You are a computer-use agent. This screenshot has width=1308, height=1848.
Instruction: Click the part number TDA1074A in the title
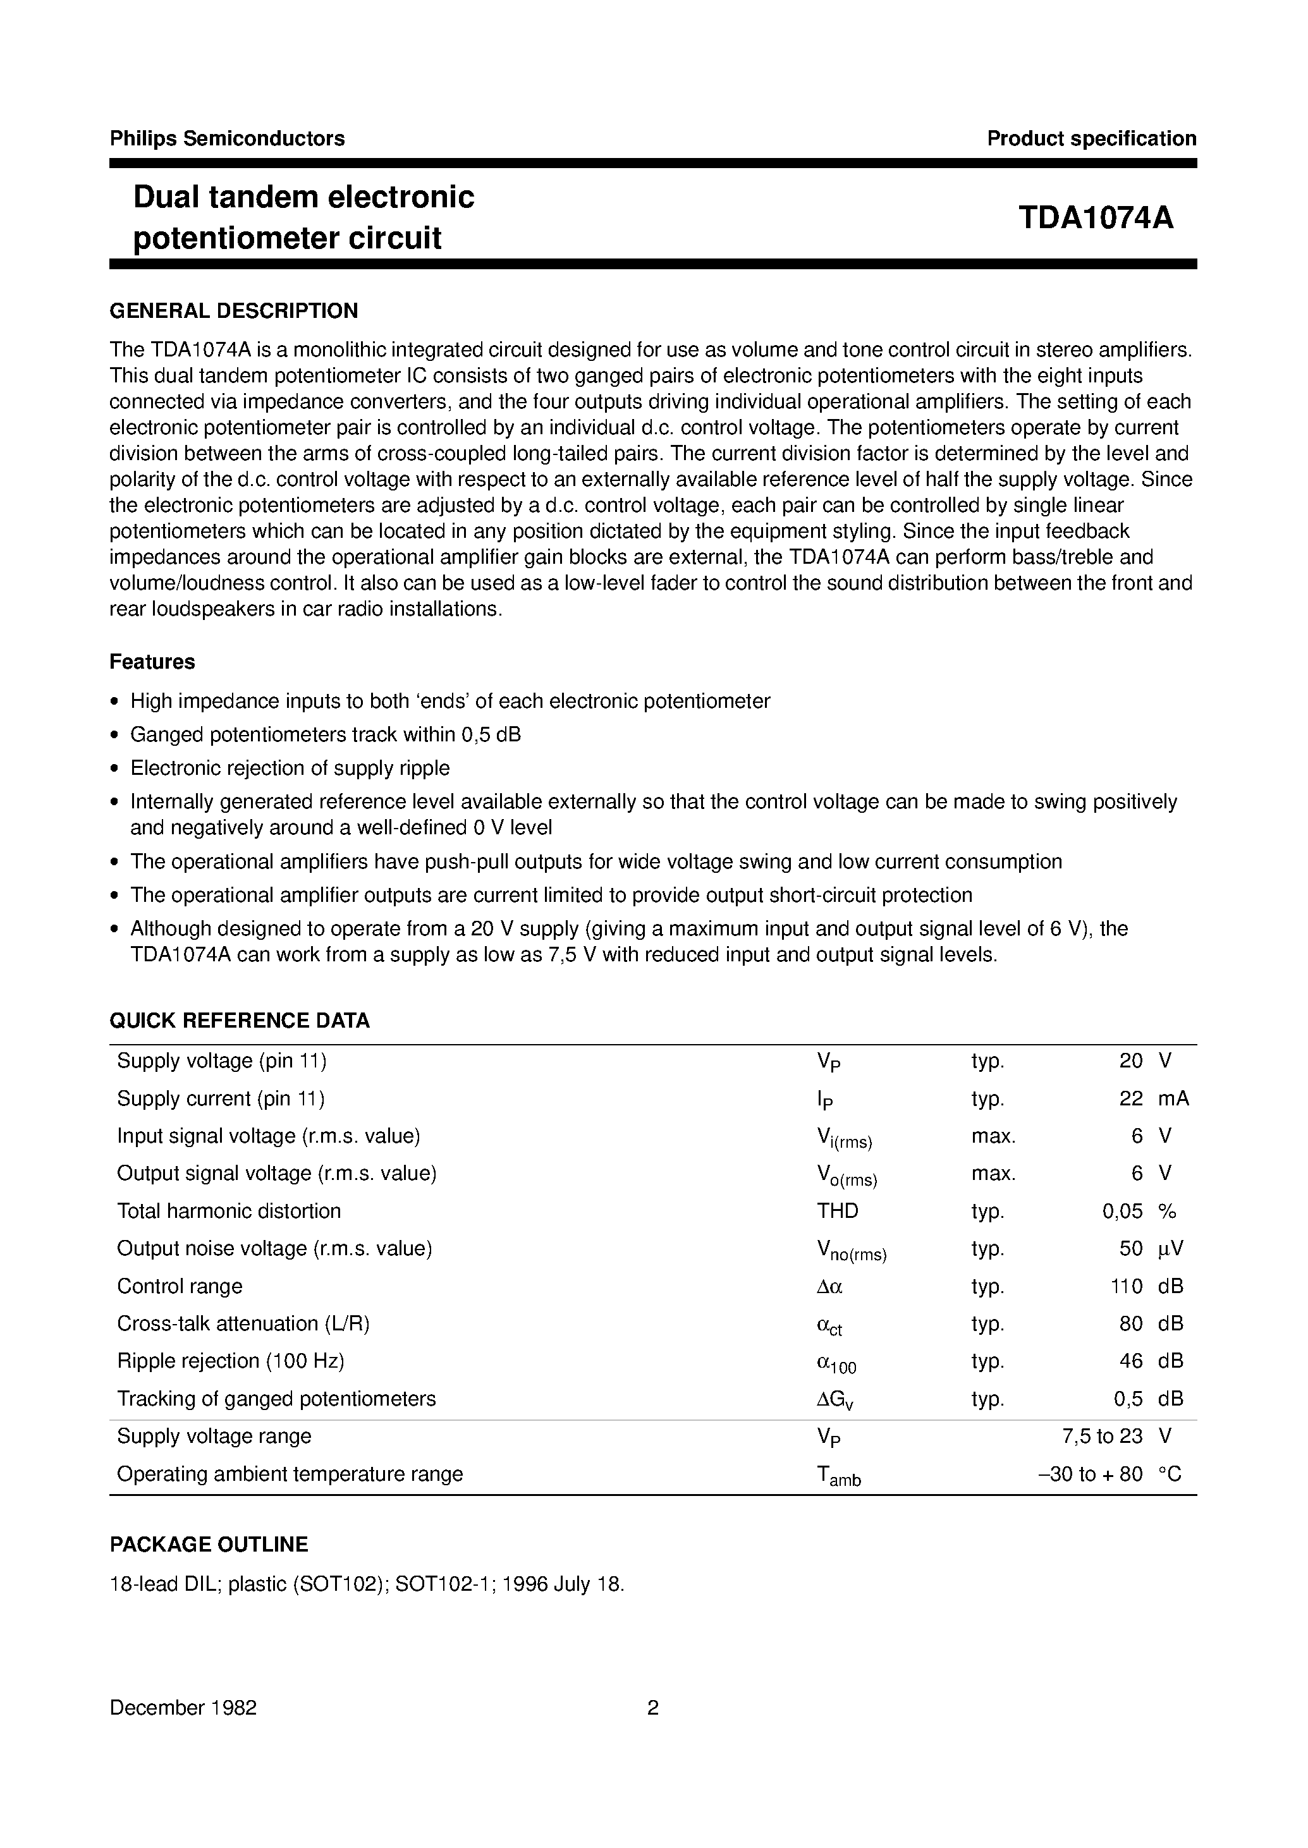click(x=1096, y=218)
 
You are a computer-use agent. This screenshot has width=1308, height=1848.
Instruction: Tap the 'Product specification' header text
click(x=1091, y=138)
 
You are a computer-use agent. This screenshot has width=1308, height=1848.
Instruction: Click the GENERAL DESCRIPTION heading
click(x=233, y=311)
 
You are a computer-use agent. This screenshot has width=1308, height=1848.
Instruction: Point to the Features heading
click(x=152, y=662)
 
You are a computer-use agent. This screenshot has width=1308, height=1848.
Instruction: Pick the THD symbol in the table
click(x=837, y=1211)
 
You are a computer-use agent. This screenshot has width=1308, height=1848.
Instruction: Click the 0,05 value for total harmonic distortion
click(x=1122, y=1211)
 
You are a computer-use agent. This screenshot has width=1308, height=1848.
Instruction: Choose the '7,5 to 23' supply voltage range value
click(x=1102, y=1436)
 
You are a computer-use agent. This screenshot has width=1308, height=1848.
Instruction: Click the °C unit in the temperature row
click(x=1170, y=1474)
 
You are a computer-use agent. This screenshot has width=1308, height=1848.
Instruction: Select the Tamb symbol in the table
click(x=838, y=1475)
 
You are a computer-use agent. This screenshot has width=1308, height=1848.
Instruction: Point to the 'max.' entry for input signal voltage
click(x=993, y=1136)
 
